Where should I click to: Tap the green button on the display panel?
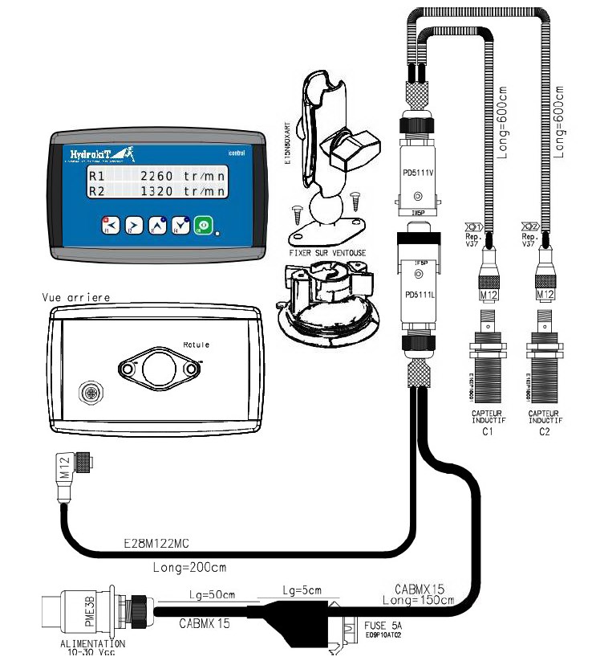pos(205,225)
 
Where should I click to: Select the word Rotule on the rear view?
pos(196,345)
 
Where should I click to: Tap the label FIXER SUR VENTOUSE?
pos(326,253)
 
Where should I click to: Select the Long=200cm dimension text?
pos(189,567)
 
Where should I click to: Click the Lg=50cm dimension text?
pos(208,594)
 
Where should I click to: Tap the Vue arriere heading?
pos(76,297)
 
